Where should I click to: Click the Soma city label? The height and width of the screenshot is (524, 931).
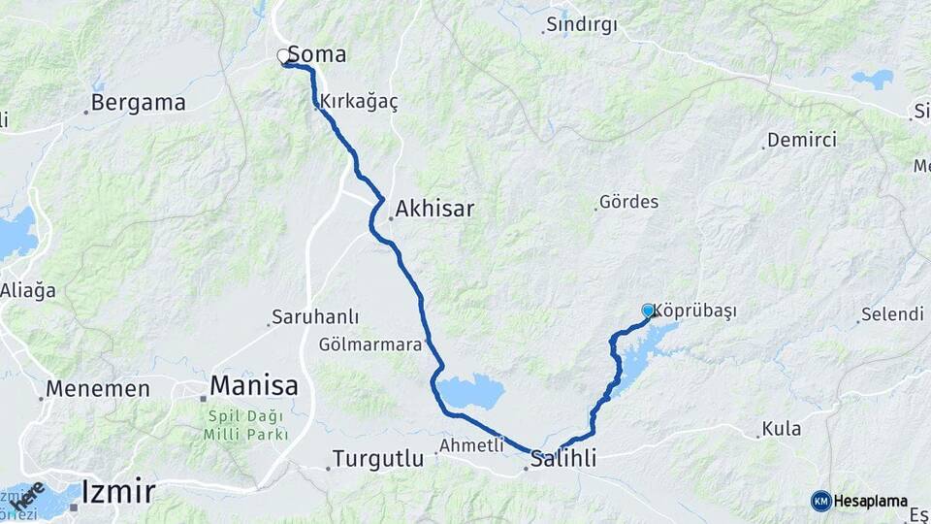(317, 54)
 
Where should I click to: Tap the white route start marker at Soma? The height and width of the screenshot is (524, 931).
(283, 56)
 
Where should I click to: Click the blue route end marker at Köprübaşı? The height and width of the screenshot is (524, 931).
(648, 311)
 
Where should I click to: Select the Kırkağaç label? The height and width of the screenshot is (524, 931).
(360, 103)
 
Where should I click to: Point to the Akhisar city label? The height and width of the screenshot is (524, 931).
(434, 208)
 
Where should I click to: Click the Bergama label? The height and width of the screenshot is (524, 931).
(138, 103)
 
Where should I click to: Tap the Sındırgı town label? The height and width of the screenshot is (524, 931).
(582, 23)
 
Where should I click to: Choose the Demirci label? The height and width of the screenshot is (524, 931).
(802, 140)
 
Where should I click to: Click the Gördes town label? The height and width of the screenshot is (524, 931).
(629, 202)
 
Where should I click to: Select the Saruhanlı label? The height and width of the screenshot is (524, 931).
(315, 317)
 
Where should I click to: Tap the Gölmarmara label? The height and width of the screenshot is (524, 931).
(370, 344)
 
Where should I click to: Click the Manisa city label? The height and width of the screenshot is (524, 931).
(254, 385)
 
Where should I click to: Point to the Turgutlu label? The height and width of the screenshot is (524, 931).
(378, 458)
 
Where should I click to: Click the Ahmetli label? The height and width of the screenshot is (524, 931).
(472, 445)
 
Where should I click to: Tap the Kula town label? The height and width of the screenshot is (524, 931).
(782, 428)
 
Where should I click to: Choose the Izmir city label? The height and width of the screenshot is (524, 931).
(118, 491)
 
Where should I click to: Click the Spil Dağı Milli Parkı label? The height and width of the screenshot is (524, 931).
(245, 426)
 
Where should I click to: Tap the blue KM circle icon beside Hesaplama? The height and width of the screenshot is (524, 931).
(821, 501)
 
